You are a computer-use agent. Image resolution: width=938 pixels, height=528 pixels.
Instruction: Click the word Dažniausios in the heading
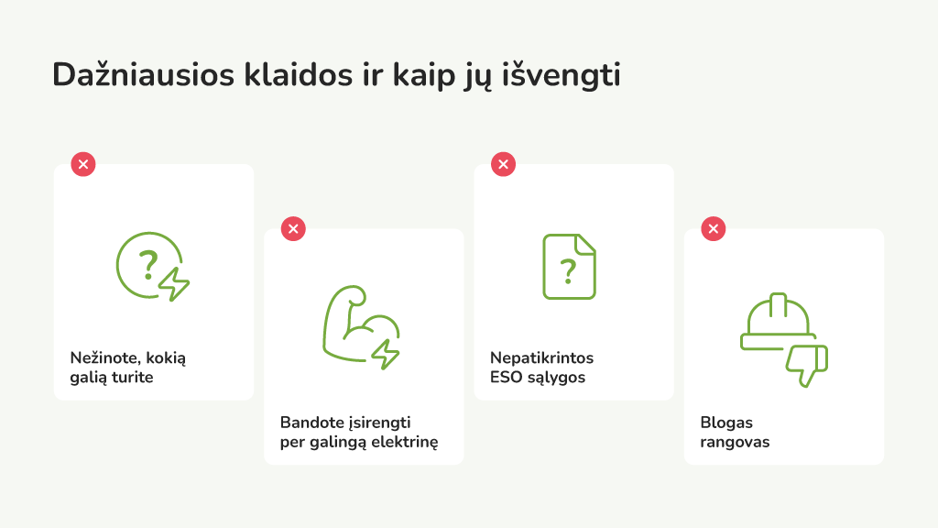pyautogui.click(x=144, y=75)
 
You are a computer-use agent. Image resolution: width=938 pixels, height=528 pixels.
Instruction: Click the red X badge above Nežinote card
pyautogui.click(x=83, y=164)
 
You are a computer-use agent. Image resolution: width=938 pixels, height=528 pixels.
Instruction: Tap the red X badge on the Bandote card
pyautogui.click(x=293, y=228)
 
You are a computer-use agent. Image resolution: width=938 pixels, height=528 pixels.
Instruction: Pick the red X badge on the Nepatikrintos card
pyautogui.click(x=503, y=164)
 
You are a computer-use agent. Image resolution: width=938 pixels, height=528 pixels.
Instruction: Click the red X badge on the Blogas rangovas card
pyautogui.click(x=713, y=228)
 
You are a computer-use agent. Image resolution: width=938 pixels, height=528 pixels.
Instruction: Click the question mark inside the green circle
pyautogui.click(x=147, y=265)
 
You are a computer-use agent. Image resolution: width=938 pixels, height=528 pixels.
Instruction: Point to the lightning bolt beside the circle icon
pyautogui.click(x=174, y=283)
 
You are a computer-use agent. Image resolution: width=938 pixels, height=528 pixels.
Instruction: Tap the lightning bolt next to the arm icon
pyautogui.click(x=386, y=353)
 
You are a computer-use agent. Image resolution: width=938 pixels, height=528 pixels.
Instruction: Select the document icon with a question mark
pyautogui.click(x=569, y=267)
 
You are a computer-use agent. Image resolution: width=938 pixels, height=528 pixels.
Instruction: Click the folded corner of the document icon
pyautogui.click(x=584, y=244)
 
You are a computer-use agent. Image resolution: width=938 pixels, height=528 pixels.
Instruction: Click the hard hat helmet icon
pyautogui.click(x=778, y=323)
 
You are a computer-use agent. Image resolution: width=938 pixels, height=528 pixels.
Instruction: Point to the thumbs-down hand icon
pyautogui.click(x=807, y=366)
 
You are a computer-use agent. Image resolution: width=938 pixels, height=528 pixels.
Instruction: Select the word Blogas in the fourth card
pyautogui.click(x=726, y=423)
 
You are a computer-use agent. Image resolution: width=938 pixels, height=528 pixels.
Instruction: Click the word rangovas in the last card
pyautogui.click(x=735, y=443)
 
